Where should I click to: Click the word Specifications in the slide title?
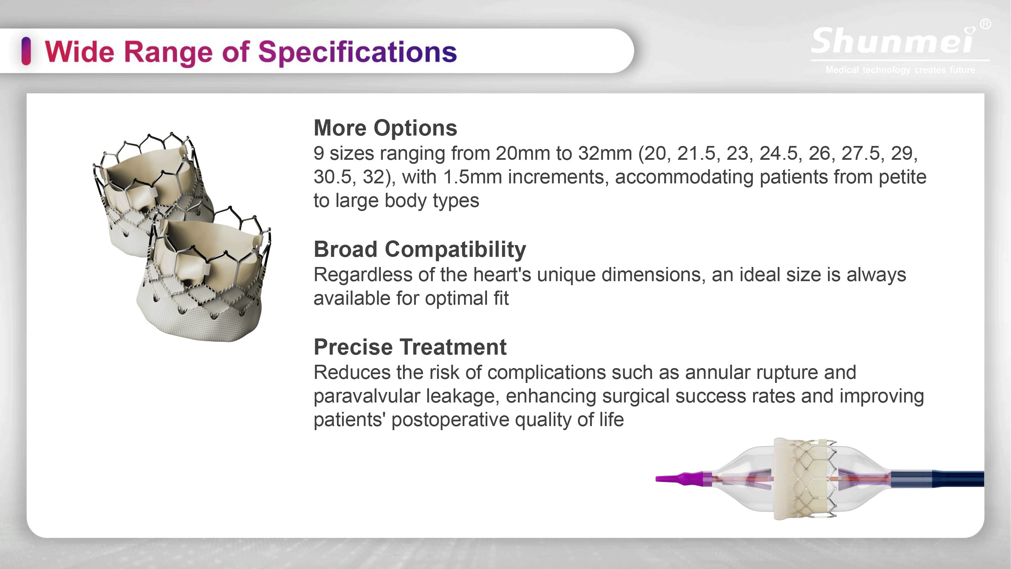[358, 52]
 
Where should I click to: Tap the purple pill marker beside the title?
[26, 51]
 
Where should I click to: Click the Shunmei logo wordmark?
[893, 40]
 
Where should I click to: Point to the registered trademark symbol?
[985, 24]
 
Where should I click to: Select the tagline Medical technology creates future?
[900, 70]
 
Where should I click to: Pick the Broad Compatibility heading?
[420, 249]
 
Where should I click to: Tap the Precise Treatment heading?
[410, 347]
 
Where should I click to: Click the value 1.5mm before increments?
[472, 177]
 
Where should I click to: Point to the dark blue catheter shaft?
[938, 479]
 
